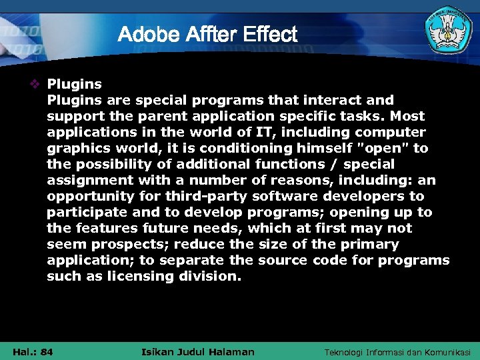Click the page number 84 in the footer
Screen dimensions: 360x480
coord(47,351)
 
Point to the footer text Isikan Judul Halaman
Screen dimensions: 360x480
coord(198,351)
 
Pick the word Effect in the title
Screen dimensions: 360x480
coord(270,34)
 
